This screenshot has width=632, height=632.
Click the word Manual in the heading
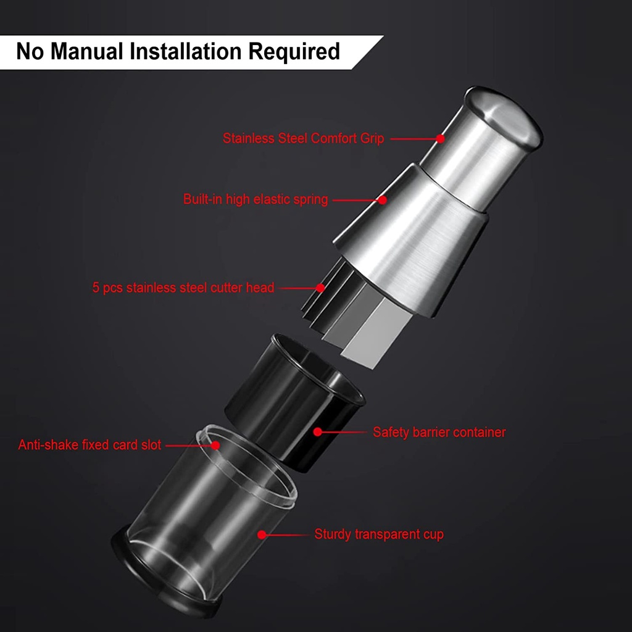click(x=86, y=51)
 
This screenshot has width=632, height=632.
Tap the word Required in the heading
click(x=294, y=52)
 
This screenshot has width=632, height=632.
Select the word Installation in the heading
click(x=185, y=51)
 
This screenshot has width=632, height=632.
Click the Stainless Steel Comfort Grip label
click(x=303, y=138)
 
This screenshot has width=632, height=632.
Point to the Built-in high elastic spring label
click(x=256, y=199)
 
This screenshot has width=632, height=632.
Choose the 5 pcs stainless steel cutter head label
click(x=183, y=288)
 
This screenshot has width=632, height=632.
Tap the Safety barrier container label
click(x=439, y=432)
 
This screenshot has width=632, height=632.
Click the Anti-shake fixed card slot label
click(x=89, y=444)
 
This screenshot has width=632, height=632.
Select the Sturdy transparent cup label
click(x=379, y=534)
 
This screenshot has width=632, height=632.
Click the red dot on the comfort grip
click(x=441, y=138)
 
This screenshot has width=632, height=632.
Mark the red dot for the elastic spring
click(x=383, y=200)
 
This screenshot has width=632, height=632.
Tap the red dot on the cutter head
click(x=320, y=288)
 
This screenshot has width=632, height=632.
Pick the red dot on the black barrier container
click(x=318, y=431)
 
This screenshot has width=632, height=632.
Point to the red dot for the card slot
click(x=215, y=446)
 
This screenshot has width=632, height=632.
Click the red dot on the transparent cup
click(x=262, y=534)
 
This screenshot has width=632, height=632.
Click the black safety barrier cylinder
click(x=294, y=403)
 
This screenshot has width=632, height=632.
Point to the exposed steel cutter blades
click(x=355, y=314)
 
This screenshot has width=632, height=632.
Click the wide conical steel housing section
click(x=411, y=242)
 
